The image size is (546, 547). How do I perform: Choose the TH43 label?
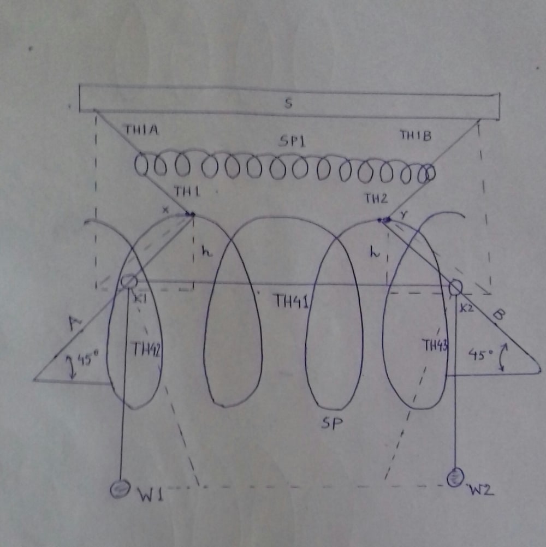(x=435, y=344)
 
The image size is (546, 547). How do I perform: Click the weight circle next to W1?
(x=117, y=488)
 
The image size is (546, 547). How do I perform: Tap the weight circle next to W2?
(x=454, y=479)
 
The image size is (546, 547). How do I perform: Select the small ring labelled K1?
(x=129, y=282)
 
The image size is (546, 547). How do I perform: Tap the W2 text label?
(x=481, y=490)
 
